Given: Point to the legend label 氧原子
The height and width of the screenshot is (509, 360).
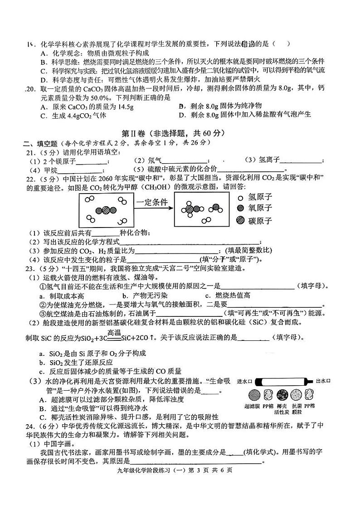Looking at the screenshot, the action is point(260,208).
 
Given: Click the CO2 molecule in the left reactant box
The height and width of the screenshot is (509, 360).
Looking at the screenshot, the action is point(105,210).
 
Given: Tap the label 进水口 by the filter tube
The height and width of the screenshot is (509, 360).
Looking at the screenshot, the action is point(246,381).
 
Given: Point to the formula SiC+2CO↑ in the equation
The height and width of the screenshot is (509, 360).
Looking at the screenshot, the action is point(137,337).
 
